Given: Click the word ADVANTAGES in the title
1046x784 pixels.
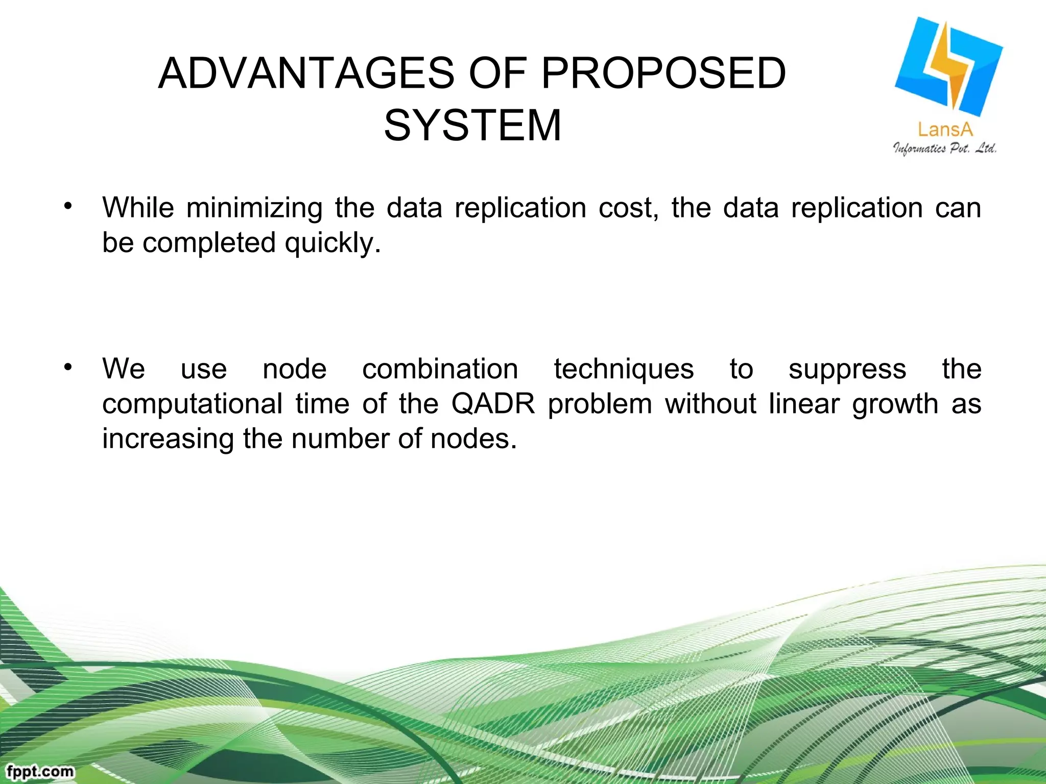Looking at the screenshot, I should [306, 73].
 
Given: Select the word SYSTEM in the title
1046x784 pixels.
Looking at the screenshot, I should [472, 126].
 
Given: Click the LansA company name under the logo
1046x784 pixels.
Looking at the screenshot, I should [945, 130].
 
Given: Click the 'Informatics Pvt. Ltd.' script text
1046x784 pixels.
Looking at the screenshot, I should [945, 149].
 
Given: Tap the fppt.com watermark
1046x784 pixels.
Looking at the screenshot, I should [40, 771].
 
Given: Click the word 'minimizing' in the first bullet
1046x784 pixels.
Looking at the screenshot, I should [254, 208].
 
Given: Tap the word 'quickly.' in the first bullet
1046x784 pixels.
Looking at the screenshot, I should [332, 243].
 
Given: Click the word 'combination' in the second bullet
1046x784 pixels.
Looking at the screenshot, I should [440, 369].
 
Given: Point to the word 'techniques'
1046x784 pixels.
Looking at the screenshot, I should [624, 369].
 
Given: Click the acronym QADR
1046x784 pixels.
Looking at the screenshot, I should [493, 404].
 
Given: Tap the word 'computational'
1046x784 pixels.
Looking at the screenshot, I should [192, 404].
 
